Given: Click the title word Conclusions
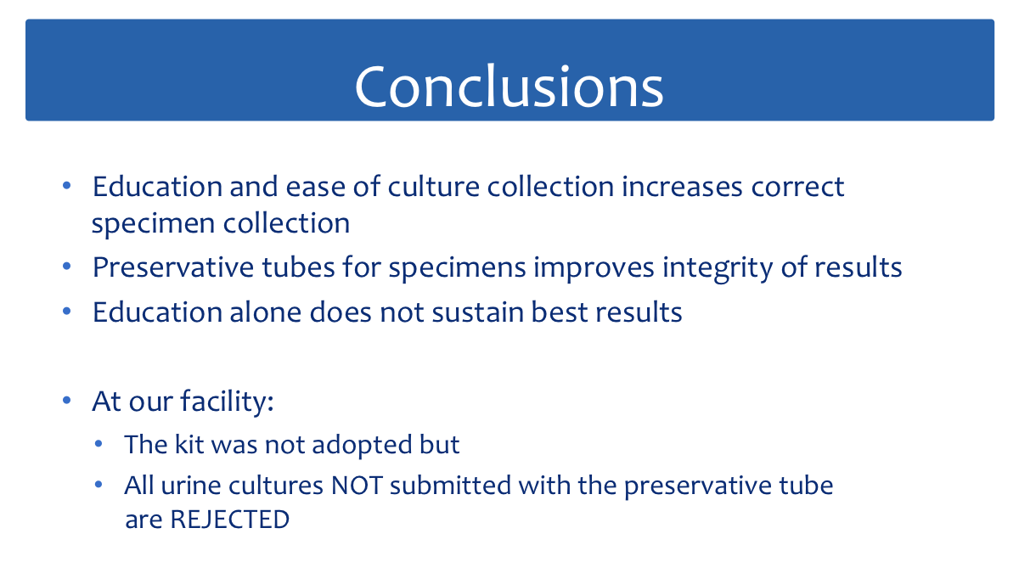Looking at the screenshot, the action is (x=509, y=87).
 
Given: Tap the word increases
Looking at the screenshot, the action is (x=682, y=187).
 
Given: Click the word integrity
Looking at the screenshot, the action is (x=718, y=268).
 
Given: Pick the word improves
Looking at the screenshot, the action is (x=594, y=268).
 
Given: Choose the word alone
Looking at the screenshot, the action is (x=265, y=312).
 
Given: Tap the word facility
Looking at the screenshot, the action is (x=227, y=402).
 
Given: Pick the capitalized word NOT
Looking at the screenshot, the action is (x=357, y=486).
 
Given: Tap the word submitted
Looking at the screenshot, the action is (x=450, y=486).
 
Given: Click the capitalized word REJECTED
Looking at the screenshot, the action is (x=230, y=520).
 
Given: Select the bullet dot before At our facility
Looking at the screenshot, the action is (x=67, y=401).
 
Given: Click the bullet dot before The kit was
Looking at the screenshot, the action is (x=99, y=444).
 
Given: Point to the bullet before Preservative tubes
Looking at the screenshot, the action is (x=67, y=267).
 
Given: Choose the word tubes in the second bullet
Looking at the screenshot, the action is (x=298, y=267).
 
